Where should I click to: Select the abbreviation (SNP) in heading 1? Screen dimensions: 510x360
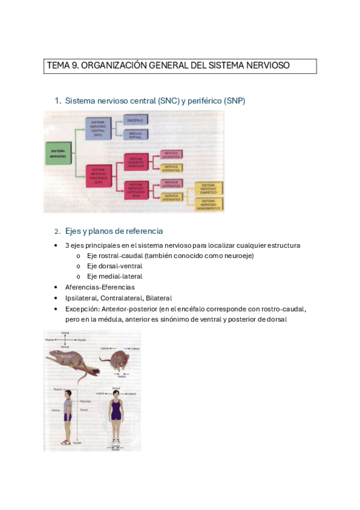234,101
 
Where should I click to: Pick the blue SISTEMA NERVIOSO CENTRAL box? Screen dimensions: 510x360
98,129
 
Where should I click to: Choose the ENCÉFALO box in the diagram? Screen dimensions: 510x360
135,120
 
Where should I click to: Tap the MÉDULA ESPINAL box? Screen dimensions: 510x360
135,135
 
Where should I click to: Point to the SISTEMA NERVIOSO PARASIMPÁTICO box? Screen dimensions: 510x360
208,204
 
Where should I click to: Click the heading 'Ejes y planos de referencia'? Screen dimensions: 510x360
114,232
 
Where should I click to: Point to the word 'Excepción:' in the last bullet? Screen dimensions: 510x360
83,309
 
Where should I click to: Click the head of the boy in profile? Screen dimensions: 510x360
67,395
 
